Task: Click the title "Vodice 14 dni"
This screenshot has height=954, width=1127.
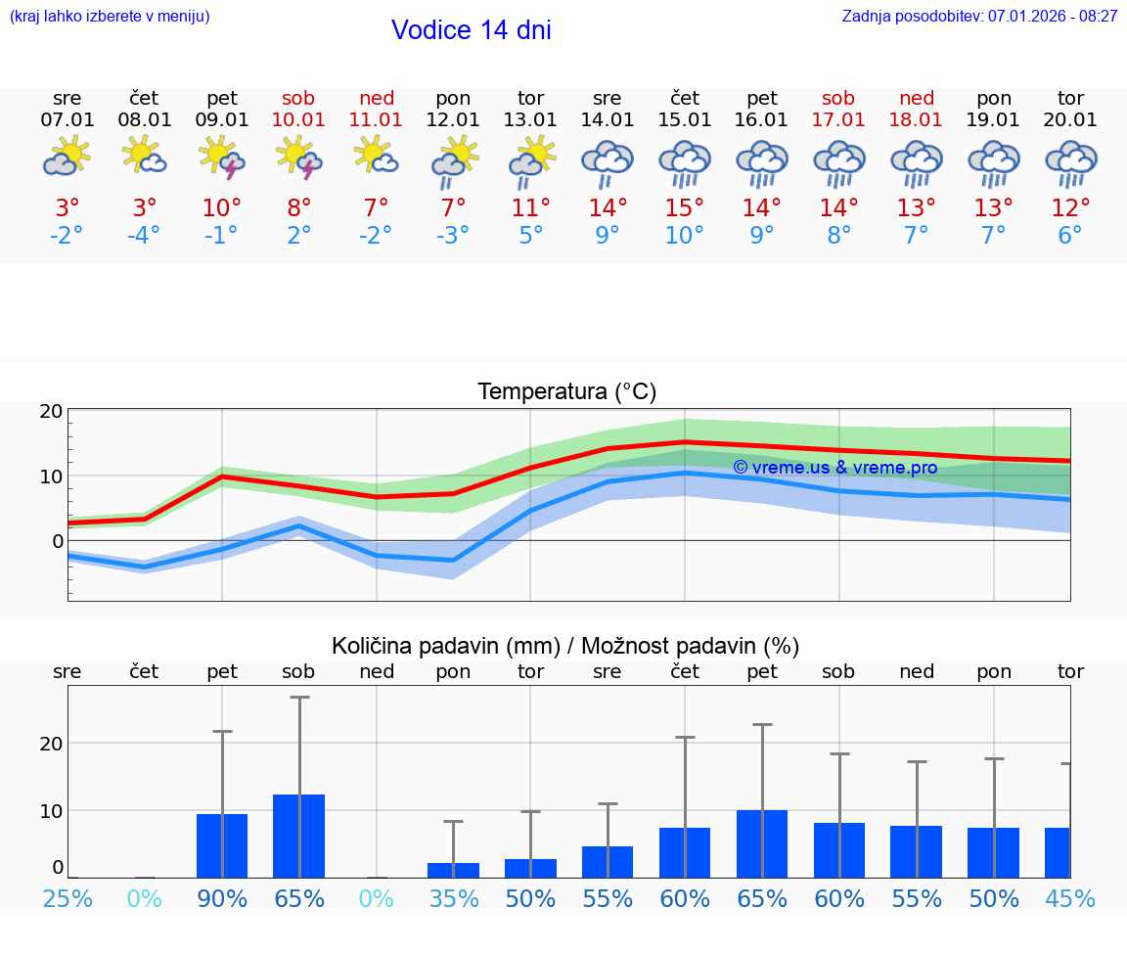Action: (471, 30)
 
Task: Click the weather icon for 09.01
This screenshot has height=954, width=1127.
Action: (221, 158)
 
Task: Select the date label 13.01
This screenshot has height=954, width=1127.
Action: (530, 120)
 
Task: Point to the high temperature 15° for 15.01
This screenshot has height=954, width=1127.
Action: (684, 208)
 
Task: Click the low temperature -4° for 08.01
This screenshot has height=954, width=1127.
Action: (144, 236)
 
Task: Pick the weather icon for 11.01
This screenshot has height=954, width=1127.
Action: (376, 156)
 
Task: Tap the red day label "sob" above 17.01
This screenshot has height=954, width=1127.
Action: (838, 98)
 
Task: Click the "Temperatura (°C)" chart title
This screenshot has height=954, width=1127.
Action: (566, 392)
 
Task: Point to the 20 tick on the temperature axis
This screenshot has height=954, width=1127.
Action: (51, 411)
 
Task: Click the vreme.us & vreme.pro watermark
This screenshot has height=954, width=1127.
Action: (834, 468)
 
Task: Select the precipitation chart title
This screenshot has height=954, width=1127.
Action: (565, 646)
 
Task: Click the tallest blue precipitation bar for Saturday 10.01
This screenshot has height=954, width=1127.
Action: (298, 836)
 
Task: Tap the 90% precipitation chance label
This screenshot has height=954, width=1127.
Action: (222, 898)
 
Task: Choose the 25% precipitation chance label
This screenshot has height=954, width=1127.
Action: (68, 898)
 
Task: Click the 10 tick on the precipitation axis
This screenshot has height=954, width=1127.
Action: (51, 810)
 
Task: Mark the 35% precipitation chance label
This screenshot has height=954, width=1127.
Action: (453, 898)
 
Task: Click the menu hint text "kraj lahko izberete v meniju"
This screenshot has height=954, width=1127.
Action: (110, 17)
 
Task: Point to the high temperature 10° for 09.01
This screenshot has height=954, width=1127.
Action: (221, 208)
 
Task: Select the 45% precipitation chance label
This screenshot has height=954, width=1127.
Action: (1070, 898)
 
